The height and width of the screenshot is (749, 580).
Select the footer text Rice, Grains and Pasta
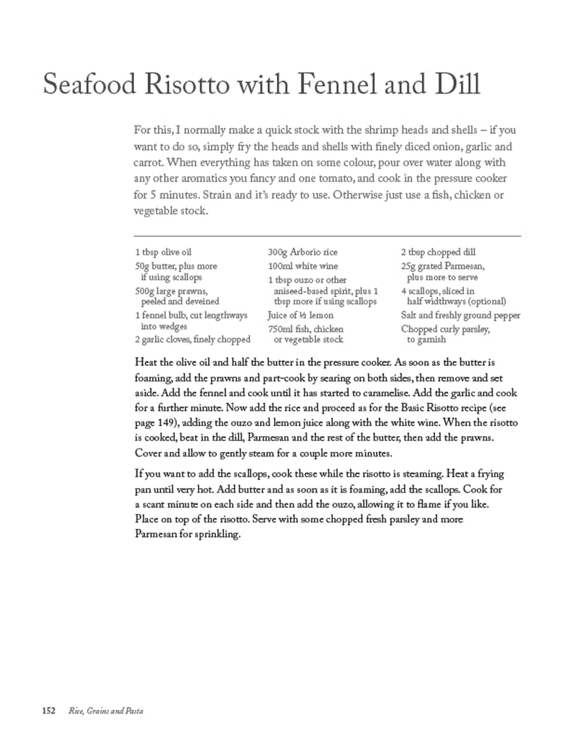pyautogui.click(x=106, y=711)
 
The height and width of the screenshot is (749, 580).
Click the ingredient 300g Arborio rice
pyautogui.click(x=302, y=253)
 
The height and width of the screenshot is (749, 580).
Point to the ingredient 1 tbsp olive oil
pyautogui.click(x=163, y=253)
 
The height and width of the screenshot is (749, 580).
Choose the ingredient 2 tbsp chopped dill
pyautogui.click(x=439, y=253)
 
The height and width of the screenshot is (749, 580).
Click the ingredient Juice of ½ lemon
pyautogui.click(x=300, y=316)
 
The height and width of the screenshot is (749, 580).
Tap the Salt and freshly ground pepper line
pyautogui.click(x=460, y=316)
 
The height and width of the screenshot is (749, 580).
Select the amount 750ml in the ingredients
pyautogui.click(x=281, y=330)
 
